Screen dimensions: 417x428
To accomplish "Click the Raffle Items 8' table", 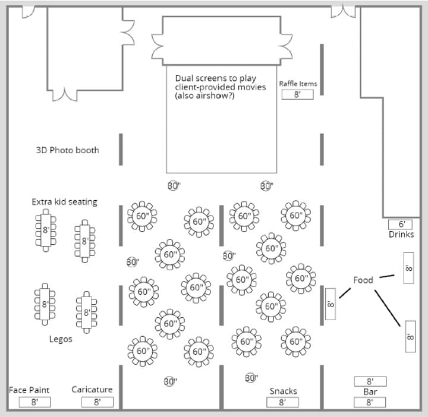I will coord(297,94).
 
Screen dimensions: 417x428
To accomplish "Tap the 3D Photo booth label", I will coord(68,150).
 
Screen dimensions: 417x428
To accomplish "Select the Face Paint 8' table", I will coord(34,402).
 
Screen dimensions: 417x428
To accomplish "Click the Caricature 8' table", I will coord(97,402).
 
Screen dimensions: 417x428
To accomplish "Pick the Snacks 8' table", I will coord(283,402).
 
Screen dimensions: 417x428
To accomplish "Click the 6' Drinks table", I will coord(401,225).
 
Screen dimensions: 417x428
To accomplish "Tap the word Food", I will coord(363,280).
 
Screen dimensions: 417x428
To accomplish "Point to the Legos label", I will coord(61,339).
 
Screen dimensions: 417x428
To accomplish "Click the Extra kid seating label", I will coord(64,202).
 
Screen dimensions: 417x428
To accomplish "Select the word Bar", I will coord(370,392).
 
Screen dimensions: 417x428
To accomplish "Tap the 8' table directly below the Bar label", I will coord(370,402).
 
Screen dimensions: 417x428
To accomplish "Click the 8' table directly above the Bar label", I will coord(370,381).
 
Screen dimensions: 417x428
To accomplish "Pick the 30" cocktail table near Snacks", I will coord(251,378).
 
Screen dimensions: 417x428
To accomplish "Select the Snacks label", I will coord(283,391).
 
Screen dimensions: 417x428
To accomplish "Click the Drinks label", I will coord(401,235).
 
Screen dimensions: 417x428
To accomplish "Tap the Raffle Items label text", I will coord(298,84).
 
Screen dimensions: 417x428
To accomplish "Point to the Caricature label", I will coord(92,390).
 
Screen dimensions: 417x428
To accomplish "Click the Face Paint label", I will coord(29,390).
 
